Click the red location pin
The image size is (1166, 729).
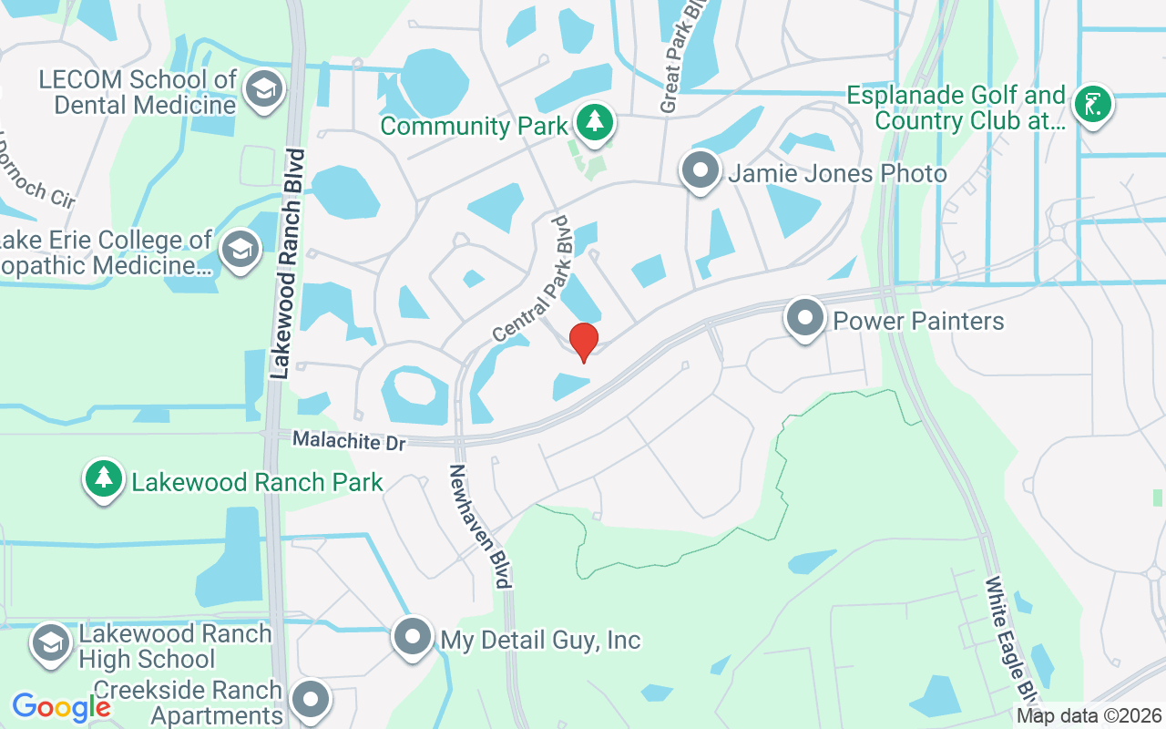[583, 342]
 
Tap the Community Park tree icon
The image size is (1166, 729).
[595, 122]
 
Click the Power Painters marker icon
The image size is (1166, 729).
[805, 319]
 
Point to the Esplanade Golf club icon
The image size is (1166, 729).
[1090, 104]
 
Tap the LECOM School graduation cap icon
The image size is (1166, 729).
[264, 89]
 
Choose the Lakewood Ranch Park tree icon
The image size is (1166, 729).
[104, 478]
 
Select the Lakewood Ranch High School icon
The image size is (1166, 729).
[51, 643]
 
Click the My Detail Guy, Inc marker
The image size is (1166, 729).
[413, 637]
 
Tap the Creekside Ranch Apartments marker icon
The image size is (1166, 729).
[311, 701]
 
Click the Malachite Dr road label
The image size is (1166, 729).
[349, 441]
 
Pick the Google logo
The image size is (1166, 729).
[61, 706]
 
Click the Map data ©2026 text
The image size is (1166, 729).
[1089, 716]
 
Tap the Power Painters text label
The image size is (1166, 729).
[918, 321]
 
